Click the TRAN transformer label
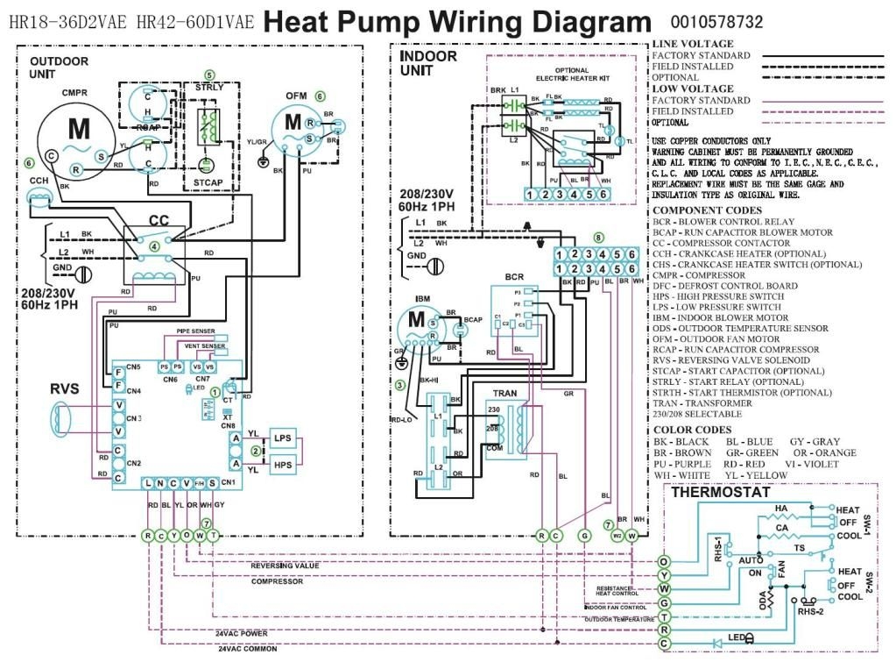click(504, 394)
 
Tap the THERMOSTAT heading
click(719, 493)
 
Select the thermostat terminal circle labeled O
click(664, 561)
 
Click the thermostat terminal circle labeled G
click(664, 603)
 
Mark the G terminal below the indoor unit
click(585, 535)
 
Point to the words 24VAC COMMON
click(247, 649)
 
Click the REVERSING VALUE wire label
click(286, 566)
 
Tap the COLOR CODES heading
click(693, 430)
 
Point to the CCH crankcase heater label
click(39, 181)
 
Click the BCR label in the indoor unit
click(514, 277)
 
